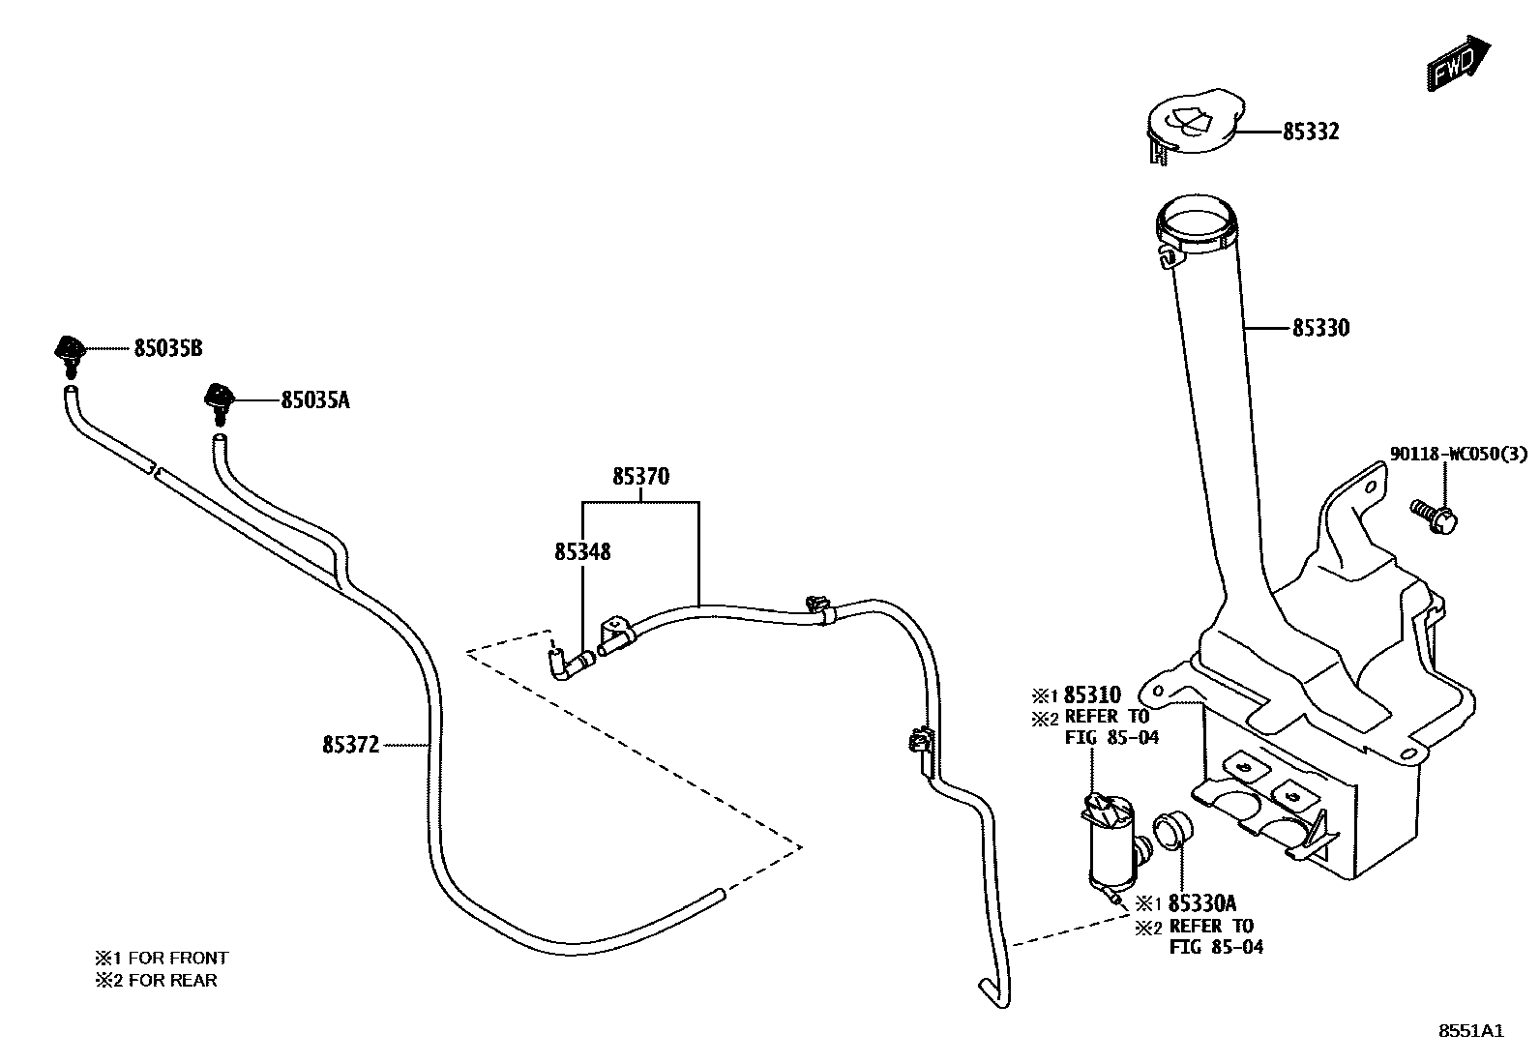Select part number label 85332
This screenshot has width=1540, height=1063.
pos(1311,133)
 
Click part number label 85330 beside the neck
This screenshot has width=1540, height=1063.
pos(1320,329)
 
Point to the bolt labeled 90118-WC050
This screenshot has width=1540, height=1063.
pos(1435,515)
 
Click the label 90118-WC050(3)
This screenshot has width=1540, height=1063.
pos(1459,455)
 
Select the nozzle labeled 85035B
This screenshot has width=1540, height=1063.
pos(69,355)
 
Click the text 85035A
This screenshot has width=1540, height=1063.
pos(315,399)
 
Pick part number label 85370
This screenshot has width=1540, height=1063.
pos(640,477)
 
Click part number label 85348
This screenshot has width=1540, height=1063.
pos(582,551)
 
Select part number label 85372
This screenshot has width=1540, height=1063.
pos(351,744)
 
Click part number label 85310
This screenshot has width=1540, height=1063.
pos(1092,694)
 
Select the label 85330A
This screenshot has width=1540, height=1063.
pos(1202,903)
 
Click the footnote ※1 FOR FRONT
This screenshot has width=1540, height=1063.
pos(162,958)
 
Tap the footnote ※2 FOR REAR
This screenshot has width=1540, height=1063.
pos(156,980)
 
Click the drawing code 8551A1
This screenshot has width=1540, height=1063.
pos(1470,1031)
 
